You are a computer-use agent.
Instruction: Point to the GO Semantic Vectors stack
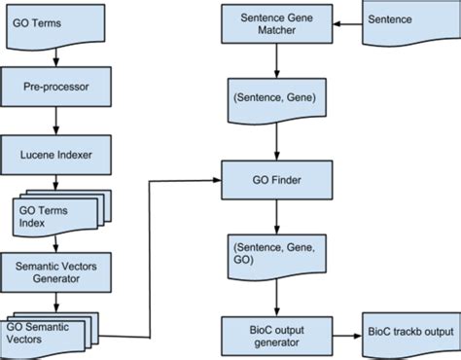pos(49,331)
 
